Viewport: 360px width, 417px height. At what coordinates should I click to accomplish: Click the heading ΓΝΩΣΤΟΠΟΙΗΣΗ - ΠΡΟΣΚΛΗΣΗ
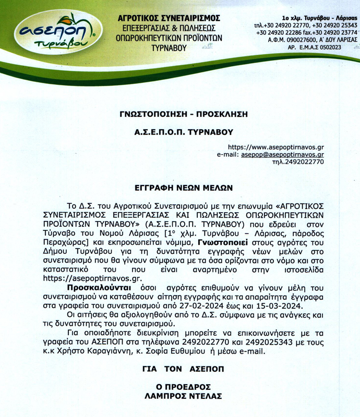179,113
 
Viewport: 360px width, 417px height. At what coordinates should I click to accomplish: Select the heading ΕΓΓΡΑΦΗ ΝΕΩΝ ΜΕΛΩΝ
179,186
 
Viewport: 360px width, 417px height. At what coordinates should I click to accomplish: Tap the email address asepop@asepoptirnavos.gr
283,155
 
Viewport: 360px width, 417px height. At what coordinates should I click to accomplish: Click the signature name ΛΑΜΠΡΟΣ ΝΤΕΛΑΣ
179,396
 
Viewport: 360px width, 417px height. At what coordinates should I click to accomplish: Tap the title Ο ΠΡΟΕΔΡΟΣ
179,387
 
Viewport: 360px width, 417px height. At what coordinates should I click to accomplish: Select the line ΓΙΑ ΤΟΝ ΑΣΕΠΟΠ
179,369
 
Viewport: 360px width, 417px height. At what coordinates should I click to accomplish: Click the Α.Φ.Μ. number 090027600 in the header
298,39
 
